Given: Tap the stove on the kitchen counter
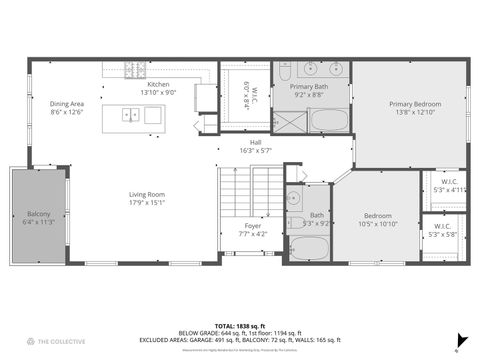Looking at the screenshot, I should coord(135,69).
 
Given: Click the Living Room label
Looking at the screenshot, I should coord(146,199).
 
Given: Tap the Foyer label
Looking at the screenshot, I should coord(253,230).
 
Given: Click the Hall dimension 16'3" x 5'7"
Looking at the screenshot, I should coord(255,151).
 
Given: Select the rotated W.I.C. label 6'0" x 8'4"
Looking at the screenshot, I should coord(250,95).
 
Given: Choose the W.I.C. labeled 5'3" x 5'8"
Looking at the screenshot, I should coord(444,229).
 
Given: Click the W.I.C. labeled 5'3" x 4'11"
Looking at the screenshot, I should coord(444,185).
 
